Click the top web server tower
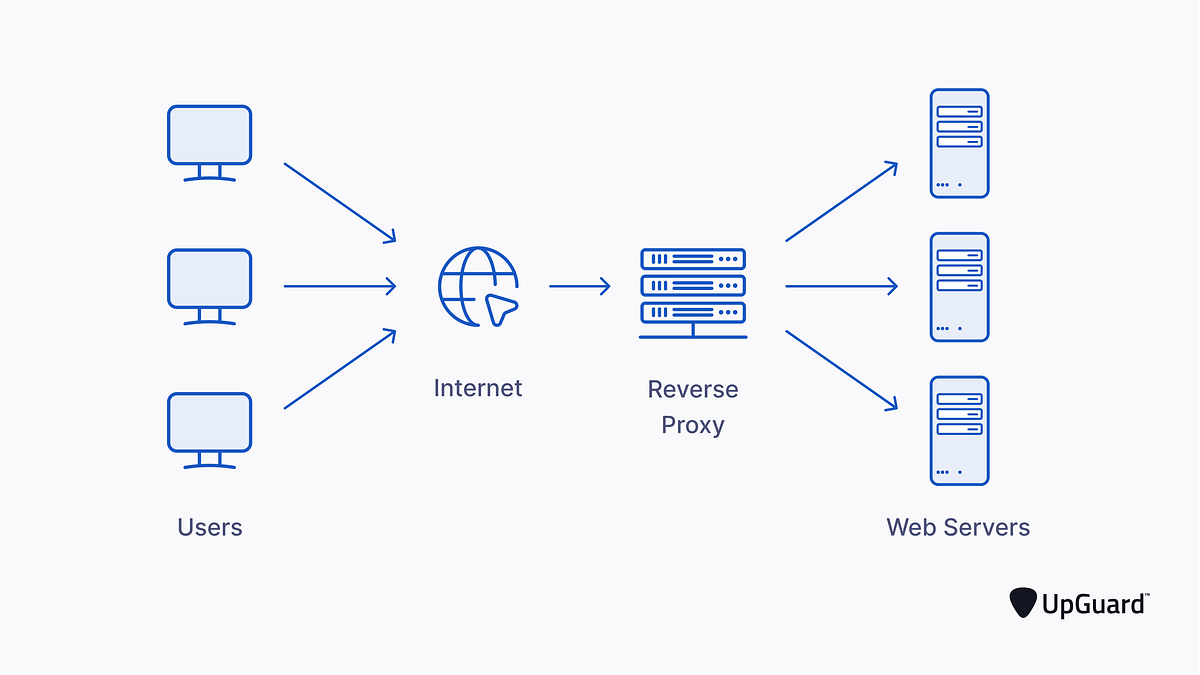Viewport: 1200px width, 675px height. [959, 143]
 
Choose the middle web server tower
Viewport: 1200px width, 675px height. [959, 287]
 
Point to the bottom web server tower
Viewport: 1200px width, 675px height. [959, 430]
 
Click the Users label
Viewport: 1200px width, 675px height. [210, 527]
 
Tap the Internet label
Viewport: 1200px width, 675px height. [478, 388]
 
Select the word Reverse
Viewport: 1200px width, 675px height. [693, 389]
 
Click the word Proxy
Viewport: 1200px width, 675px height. [693, 425]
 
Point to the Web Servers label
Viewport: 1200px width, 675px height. [958, 527]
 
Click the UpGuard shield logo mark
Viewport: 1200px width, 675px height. [1023, 603]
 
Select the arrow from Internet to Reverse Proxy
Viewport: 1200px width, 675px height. [579, 287]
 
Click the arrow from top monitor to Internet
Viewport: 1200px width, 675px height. [340, 202]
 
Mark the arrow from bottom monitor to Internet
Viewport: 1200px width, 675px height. [340, 369]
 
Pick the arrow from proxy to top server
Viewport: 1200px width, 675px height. [841, 202]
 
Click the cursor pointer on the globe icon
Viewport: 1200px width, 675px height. [499, 308]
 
